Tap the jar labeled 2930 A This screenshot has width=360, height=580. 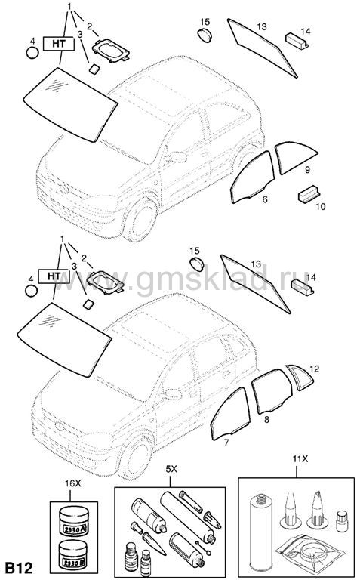pyautogui.click(x=74, y=521)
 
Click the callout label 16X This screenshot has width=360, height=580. pyautogui.click(x=72, y=483)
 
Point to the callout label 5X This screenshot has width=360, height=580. pyautogui.click(x=171, y=469)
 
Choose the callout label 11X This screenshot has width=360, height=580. pyautogui.click(x=300, y=459)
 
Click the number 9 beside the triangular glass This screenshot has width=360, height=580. pyautogui.click(x=307, y=170)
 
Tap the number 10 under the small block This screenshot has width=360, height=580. pyautogui.click(x=321, y=206)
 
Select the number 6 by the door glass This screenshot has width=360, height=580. pyautogui.click(x=265, y=199)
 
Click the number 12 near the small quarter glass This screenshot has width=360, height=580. pyautogui.click(x=314, y=369)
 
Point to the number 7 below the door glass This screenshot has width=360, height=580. pyautogui.click(x=226, y=443)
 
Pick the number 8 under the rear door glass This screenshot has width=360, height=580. pyautogui.click(x=266, y=419)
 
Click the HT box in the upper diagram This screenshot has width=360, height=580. pyautogui.click(x=59, y=44)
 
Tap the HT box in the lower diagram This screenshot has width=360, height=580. pyautogui.click(x=54, y=276)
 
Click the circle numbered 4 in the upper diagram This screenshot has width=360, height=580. pyautogui.click(x=32, y=53)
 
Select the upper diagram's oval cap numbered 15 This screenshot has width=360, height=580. pyautogui.click(x=204, y=35)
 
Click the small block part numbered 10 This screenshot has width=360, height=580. pyautogui.click(x=309, y=194)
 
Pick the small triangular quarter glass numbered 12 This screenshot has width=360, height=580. pyautogui.click(x=300, y=378)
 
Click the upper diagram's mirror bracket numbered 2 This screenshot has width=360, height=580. pyautogui.click(x=111, y=50)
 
